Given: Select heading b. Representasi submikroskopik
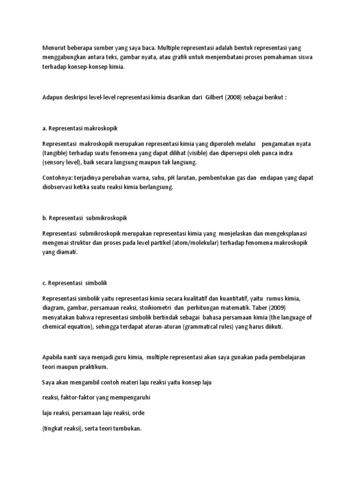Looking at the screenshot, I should [x=85, y=218].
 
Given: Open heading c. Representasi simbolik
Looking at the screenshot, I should [x=75, y=283].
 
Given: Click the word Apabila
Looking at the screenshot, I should [x=53, y=357].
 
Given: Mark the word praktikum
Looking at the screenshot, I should [x=95, y=366].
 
